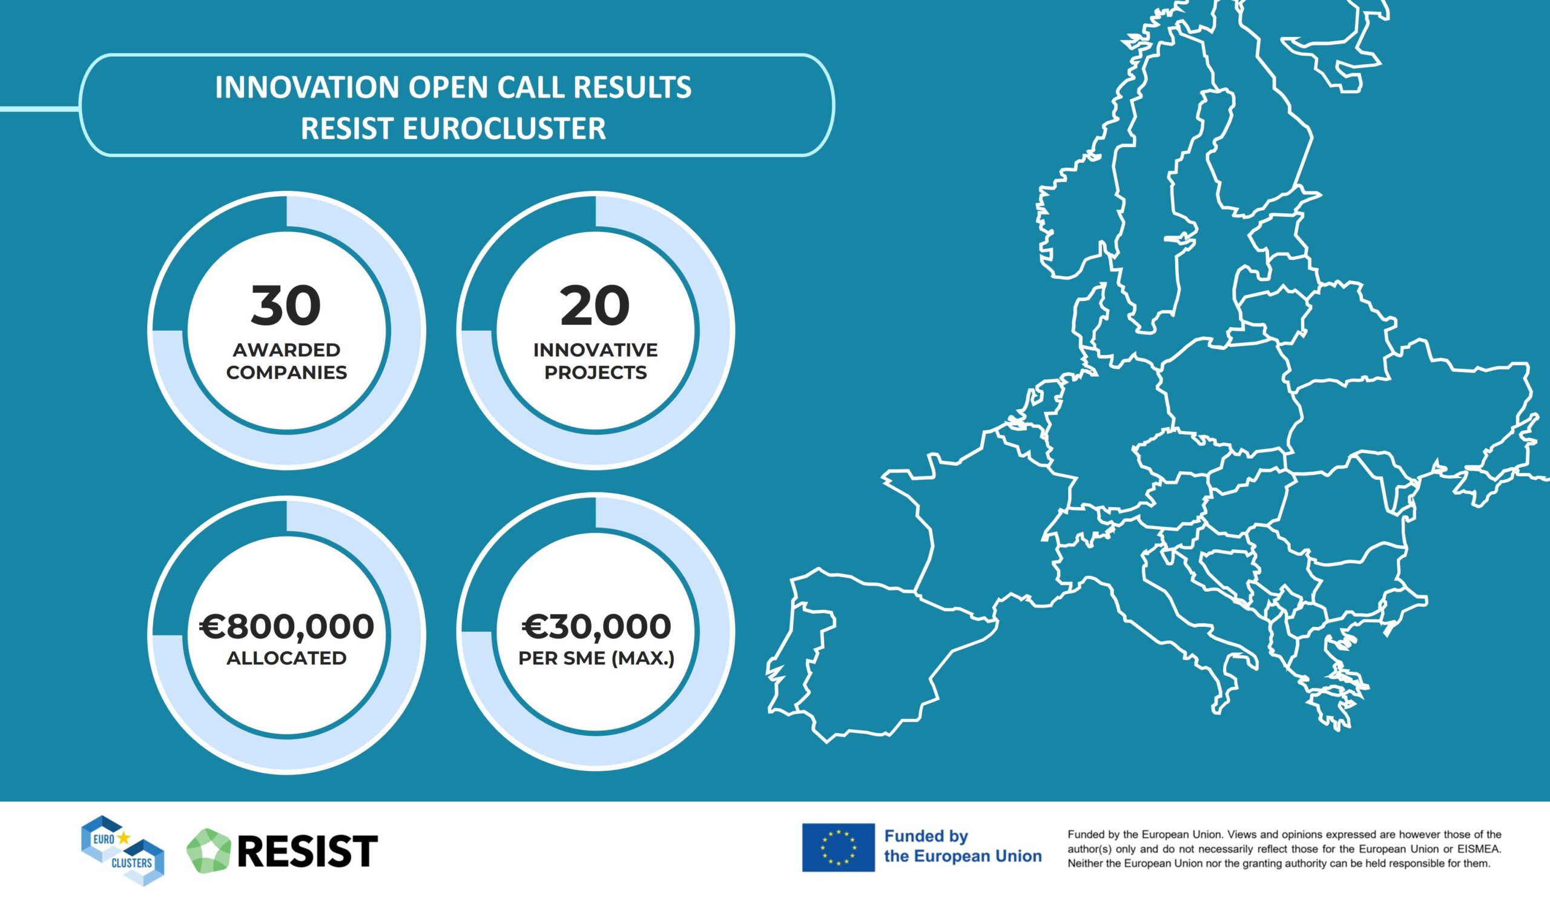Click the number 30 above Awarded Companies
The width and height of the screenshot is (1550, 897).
[286, 306]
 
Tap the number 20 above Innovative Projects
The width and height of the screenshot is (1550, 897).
[595, 306]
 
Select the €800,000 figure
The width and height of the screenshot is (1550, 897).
[286, 626]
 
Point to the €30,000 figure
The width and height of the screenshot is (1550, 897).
[596, 626]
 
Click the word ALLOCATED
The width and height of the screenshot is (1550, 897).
[286, 658]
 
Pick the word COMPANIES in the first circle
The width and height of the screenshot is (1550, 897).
[286, 372]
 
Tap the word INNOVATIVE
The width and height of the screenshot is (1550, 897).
[595, 350]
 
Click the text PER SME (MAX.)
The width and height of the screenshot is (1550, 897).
[596, 659]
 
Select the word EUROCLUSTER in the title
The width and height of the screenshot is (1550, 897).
[504, 128]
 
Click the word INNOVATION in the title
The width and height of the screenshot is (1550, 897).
[307, 87]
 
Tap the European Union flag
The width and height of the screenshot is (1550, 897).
[839, 847]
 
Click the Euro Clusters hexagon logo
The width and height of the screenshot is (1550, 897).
[122, 850]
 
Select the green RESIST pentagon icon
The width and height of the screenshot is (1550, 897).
[208, 850]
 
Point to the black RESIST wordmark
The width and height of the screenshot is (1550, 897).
[307, 851]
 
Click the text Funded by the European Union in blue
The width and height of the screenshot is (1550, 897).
[963, 846]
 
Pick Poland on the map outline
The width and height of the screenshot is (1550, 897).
[1230, 394]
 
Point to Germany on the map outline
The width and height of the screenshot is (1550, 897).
[1101, 431]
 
